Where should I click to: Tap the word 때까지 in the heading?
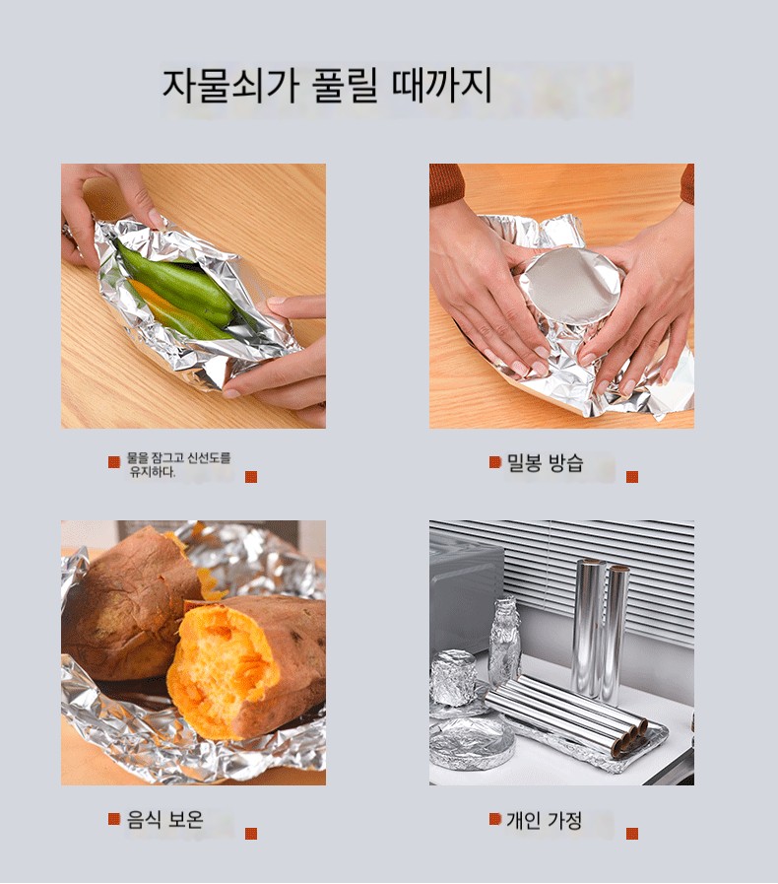click(x=441, y=86)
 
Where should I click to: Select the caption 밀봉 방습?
click(x=545, y=463)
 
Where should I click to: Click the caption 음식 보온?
click(x=164, y=819)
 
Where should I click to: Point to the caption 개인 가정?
click(x=545, y=820)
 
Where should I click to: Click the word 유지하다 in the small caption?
click(x=152, y=472)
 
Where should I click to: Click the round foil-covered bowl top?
click(x=570, y=287)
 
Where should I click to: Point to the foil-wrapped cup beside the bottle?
click(x=452, y=678)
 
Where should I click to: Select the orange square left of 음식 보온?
click(x=114, y=819)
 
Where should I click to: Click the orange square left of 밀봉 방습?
click(x=494, y=462)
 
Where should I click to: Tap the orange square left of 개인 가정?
click(x=494, y=819)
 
